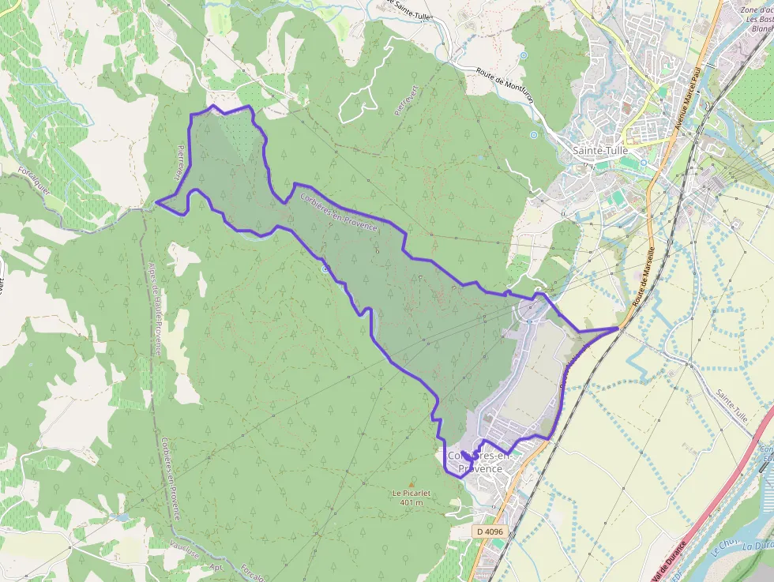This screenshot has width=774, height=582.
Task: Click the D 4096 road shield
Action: tap(490, 532)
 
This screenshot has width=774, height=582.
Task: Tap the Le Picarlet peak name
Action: tap(411, 493)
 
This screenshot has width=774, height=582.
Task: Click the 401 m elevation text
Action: tap(411, 502)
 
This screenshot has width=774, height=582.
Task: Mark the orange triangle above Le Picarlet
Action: tap(411, 483)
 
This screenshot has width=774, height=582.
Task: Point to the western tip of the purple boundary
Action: tap(156, 202)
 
